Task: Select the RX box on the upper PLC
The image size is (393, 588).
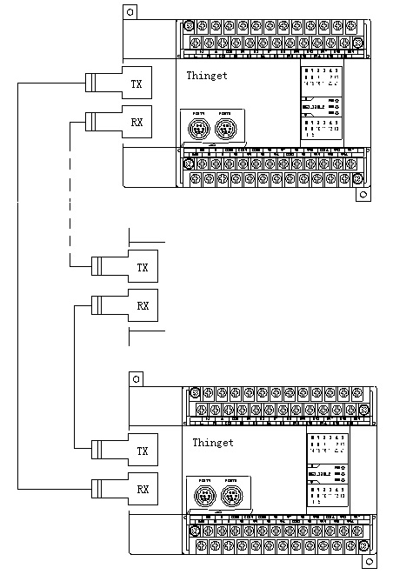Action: point(137,122)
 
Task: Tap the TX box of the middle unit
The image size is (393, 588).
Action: point(143,266)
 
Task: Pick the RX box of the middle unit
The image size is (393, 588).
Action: point(143,305)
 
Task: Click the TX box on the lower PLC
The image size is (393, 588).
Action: point(143,451)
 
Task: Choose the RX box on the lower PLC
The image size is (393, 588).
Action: point(143,489)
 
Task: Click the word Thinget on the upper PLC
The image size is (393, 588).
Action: point(207,76)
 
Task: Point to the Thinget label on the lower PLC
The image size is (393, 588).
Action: point(213,443)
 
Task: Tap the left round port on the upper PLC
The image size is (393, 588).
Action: point(199,130)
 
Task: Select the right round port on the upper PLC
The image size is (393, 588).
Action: point(225,130)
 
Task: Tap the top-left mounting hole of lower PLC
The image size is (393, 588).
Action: point(135,379)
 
